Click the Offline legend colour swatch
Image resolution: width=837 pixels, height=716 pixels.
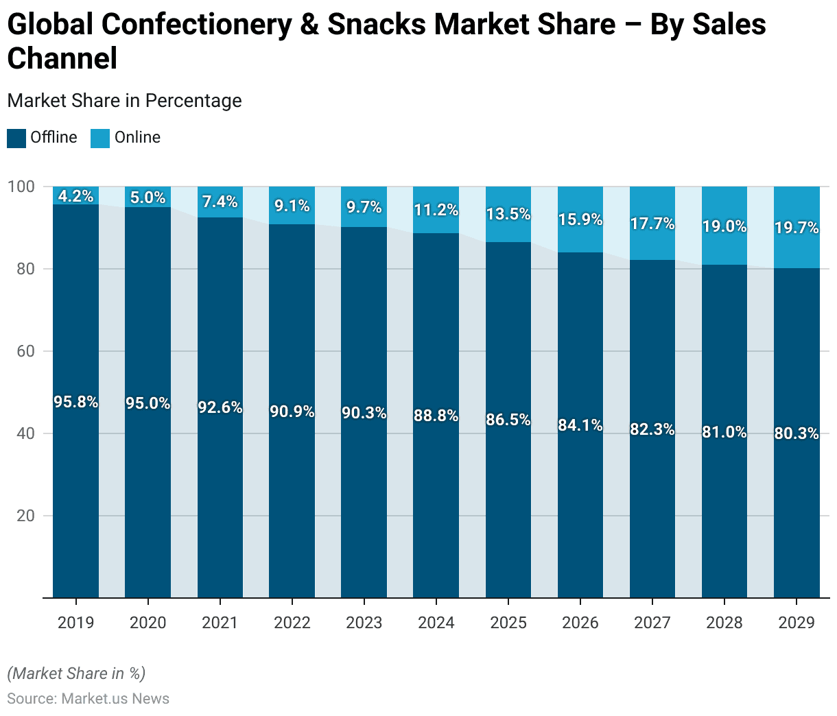point(16,138)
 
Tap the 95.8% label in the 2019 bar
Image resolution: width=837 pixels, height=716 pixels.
point(75,402)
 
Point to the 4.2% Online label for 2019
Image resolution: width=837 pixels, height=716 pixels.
point(75,196)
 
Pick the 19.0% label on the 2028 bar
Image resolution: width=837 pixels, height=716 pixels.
point(724,226)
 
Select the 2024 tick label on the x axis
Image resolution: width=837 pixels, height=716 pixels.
point(436,623)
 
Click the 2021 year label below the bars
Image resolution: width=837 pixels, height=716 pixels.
point(220,623)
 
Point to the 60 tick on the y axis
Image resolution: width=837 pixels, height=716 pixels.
point(25,351)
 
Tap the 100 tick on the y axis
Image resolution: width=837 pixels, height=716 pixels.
point(21,187)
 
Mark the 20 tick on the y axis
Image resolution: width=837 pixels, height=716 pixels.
point(25,516)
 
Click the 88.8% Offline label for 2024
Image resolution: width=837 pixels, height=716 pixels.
point(436,416)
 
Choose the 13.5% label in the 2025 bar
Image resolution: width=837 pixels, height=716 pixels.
point(508,214)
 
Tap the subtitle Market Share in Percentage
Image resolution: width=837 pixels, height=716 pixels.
point(124,101)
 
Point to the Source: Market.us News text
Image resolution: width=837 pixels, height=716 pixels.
point(88,699)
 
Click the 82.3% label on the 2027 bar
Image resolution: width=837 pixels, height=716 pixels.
point(652,429)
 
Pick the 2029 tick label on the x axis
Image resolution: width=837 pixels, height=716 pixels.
point(797,623)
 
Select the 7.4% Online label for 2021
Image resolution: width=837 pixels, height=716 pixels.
point(220,202)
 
